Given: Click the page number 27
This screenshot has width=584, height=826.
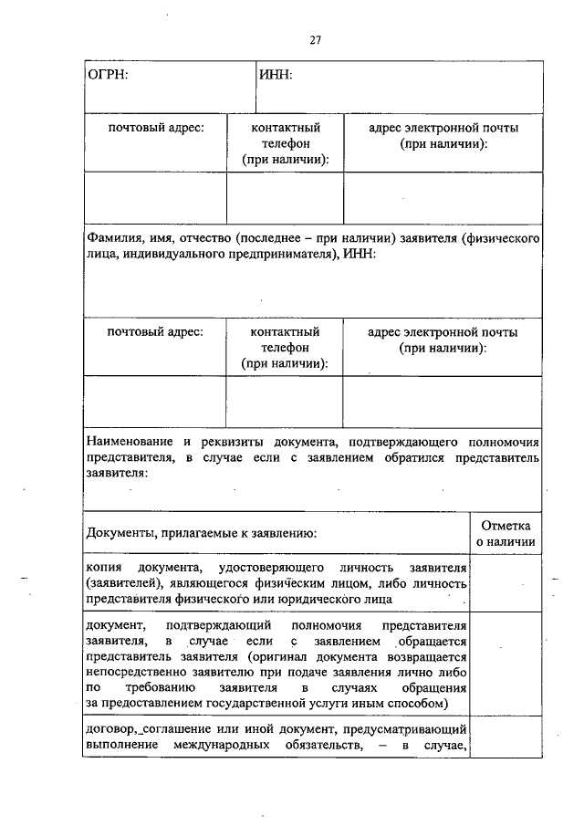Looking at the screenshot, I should click(x=316, y=40).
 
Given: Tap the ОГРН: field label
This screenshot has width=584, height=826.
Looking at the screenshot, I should click(x=107, y=75).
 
